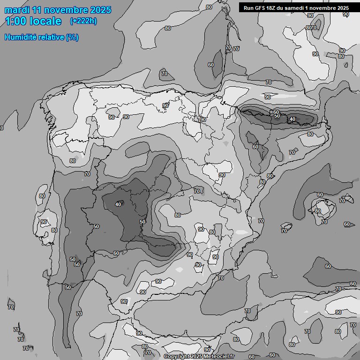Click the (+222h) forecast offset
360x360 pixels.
pos(83,21)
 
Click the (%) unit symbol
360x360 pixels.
pos(72,37)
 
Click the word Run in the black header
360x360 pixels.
pos(248,8)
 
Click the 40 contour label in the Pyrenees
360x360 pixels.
pos(292,119)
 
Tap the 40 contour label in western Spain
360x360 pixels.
pos(118,204)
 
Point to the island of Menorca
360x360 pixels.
pos(346,198)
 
